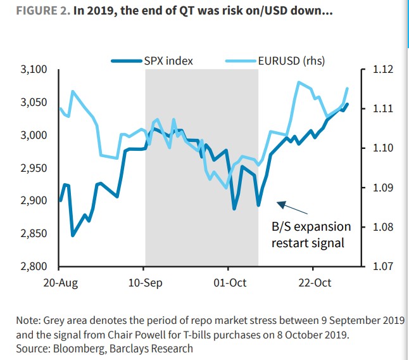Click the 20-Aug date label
(x=60, y=283)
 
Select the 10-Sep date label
(x=145, y=283)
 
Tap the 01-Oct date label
(x=230, y=283)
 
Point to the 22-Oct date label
(x=315, y=283)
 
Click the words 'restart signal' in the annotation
(x=308, y=242)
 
